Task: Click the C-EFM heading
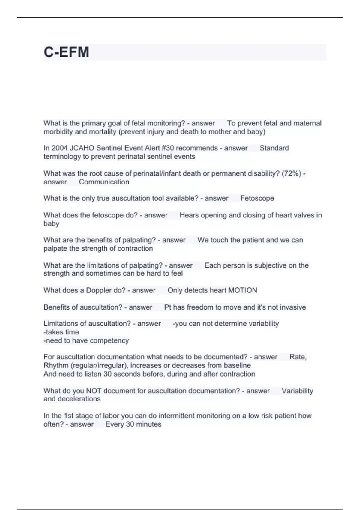[66, 52]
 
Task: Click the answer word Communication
[104, 182]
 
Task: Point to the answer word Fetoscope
[257, 198]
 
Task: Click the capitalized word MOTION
[243, 290]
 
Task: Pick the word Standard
[274, 148]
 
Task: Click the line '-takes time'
[61, 332]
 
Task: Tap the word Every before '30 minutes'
[114, 424]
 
